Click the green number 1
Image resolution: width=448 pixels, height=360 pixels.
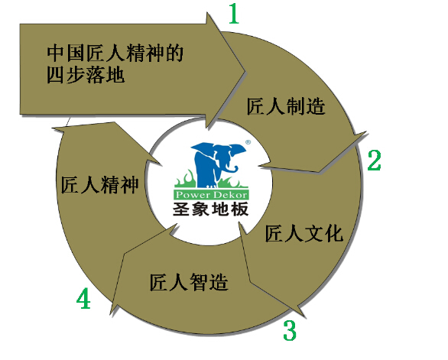tap(234, 14)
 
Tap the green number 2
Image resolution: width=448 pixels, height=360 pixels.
tap(375, 161)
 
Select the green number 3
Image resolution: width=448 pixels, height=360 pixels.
tap(290, 330)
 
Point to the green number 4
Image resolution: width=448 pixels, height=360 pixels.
tap(83, 298)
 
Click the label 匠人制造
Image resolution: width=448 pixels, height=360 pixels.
tap(286, 106)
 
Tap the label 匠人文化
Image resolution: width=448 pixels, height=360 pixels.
tap(304, 233)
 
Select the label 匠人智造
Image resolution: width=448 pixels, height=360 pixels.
tap(189, 282)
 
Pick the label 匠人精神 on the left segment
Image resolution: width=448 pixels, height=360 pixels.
tap(99, 184)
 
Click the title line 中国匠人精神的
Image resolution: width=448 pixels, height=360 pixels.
tap(115, 53)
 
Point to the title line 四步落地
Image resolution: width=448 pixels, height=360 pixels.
tap(86, 75)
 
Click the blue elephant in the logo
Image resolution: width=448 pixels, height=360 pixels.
tap(218, 164)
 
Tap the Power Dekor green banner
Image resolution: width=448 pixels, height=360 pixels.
tap(211, 195)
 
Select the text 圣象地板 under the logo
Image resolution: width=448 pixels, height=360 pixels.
tap(210, 209)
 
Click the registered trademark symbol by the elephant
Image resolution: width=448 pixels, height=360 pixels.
tap(248, 142)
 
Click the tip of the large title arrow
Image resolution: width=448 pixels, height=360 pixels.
tap(245, 71)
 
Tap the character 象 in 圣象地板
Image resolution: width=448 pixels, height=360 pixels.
tap(201, 209)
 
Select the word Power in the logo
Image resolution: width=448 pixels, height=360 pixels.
tap(193, 195)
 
